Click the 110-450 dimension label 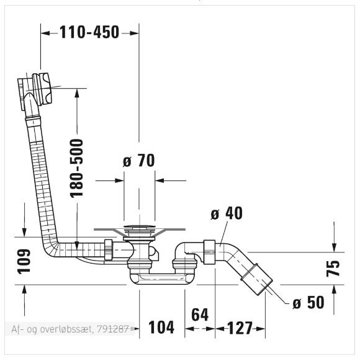pyautogui.click(x=89, y=32)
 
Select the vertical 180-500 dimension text pyautogui.click(x=76, y=169)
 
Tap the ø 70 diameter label pyautogui.click(x=138, y=161)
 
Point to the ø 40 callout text pyautogui.click(x=227, y=213)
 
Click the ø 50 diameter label pyautogui.click(x=308, y=302)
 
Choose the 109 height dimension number pyautogui.click(x=24, y=261)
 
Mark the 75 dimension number pyautogui.click(x=333, y=268)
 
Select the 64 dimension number pyautogui.click(x=200, y=314)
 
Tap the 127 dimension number pyautogui.click(x=240, y=328)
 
